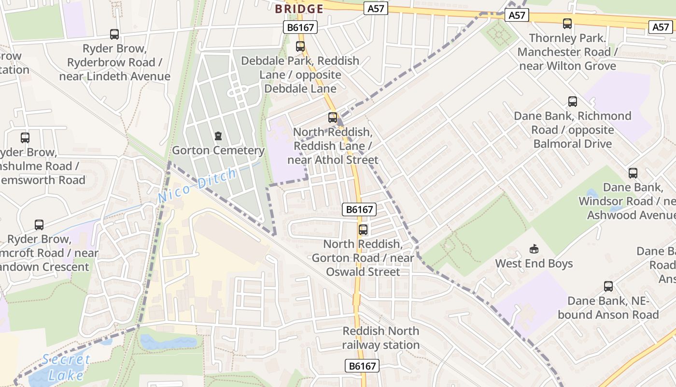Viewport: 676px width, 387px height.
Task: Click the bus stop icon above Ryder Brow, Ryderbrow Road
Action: coord(114,34)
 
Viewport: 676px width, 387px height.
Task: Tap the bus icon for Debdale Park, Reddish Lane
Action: coord(300,46)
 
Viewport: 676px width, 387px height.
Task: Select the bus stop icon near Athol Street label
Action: coord(333,117)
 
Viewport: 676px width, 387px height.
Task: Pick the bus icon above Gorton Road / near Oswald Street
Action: coord(363,229)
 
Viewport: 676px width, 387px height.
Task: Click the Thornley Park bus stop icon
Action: coord(567,23)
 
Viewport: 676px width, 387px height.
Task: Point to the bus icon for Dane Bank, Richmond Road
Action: coord(573,101)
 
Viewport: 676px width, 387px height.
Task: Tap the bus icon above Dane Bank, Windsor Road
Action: coord(633,173)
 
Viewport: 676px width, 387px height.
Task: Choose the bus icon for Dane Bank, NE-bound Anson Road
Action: coord(608,286)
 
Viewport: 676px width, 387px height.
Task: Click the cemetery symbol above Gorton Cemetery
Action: coord(218,136)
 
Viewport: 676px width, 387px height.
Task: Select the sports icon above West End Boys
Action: coord(534,249)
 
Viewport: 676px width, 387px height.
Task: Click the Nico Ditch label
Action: coord(197,185)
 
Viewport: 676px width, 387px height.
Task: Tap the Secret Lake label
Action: coord(66,367)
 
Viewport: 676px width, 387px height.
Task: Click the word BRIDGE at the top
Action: coord(299,9)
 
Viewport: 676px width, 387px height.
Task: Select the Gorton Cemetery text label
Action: coord(218,150)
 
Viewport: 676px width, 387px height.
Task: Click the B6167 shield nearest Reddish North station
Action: coord(362,366)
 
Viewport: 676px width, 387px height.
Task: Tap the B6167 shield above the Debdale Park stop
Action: coord(300,28)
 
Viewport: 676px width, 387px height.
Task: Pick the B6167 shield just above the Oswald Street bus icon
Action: coord(359,209)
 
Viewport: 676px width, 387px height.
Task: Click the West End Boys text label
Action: coord(534,264)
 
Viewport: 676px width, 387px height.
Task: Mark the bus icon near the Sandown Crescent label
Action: coord(39,224)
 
